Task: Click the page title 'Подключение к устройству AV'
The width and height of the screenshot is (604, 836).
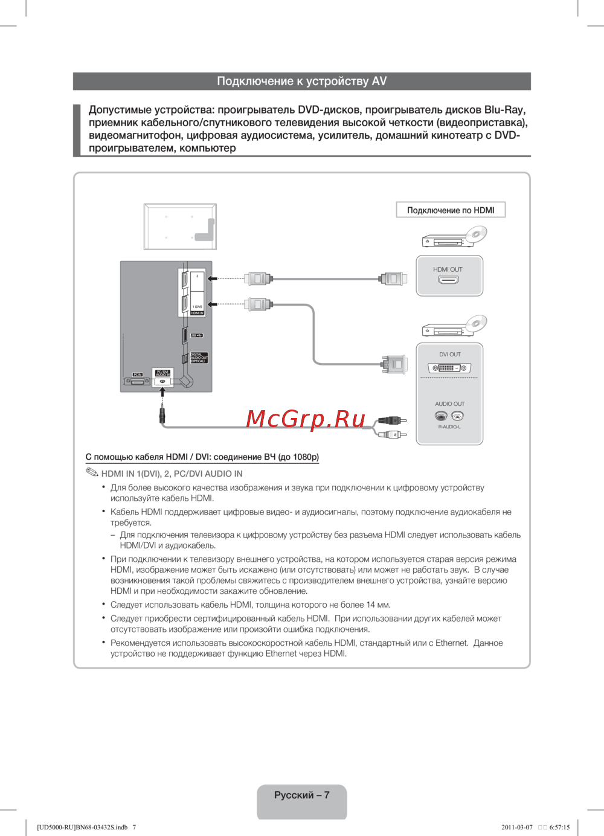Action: coord(301,82)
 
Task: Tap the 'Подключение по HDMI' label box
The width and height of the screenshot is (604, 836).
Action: coord(451,210)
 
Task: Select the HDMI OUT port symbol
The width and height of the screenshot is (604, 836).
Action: coord(448,280)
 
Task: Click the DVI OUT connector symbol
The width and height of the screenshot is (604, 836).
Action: coord(449,368)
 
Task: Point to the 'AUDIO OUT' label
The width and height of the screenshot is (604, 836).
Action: coord(450,404)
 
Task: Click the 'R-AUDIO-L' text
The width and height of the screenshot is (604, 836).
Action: coord(449,427)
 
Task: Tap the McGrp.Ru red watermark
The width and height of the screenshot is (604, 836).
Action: coord(306,419)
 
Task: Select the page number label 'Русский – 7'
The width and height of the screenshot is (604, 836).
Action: coord(301,796)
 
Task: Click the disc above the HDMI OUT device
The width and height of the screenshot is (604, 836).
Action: coord(476,234)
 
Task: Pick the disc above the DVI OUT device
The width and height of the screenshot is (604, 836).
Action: coord(476,323)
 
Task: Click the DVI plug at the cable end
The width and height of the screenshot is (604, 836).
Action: coord(393,364)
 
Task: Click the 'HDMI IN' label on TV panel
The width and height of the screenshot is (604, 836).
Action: coord(198,313)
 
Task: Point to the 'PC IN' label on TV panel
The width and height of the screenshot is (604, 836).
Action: coord(138,375)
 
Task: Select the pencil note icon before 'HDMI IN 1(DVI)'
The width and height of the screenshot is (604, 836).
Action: coord(92,473)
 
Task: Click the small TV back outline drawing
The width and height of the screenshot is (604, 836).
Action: coord(180,227)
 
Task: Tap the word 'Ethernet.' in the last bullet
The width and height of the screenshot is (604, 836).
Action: coord(452,643)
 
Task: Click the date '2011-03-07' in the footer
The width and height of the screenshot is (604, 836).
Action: coord(517,828)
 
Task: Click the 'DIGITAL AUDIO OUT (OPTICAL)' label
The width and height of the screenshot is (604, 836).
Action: coord(199,358)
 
